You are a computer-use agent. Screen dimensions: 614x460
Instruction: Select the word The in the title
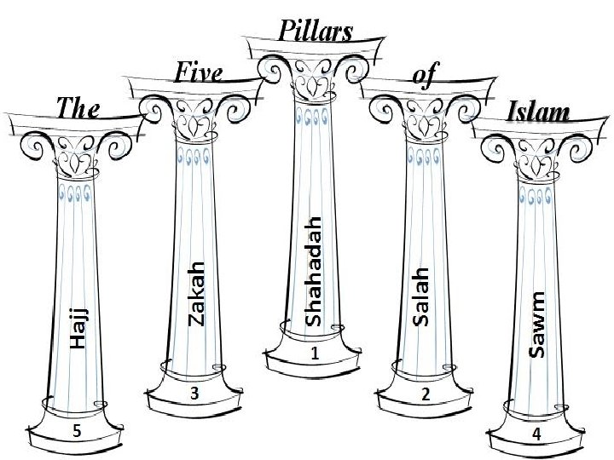tap(78, 108)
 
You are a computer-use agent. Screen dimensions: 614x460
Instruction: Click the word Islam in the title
tap(538, 112)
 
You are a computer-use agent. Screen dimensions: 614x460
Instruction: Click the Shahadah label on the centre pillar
tap(313, 271)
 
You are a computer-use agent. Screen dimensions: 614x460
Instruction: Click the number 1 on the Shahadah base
tap(314, 353)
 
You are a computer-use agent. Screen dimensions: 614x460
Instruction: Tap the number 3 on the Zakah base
tap(195, 394)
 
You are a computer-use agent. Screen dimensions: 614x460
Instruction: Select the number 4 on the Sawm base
tap(536, 434)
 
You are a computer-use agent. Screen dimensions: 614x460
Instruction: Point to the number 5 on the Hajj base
tap(77, 432)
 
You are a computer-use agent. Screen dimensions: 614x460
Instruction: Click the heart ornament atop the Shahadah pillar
tap(312, 85)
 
